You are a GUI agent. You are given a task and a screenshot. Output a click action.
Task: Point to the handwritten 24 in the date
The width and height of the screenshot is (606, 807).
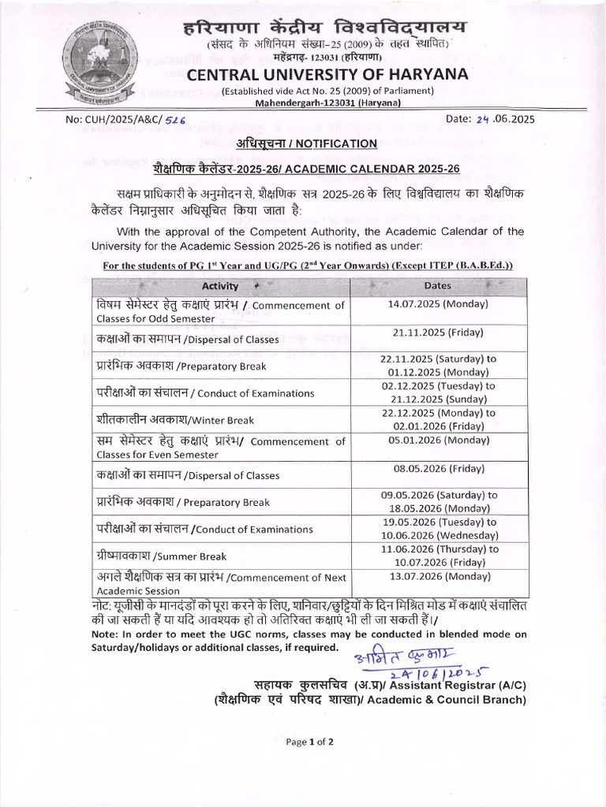[484, 120]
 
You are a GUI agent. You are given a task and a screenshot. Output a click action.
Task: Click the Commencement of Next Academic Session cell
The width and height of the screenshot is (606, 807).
[221, 583]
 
